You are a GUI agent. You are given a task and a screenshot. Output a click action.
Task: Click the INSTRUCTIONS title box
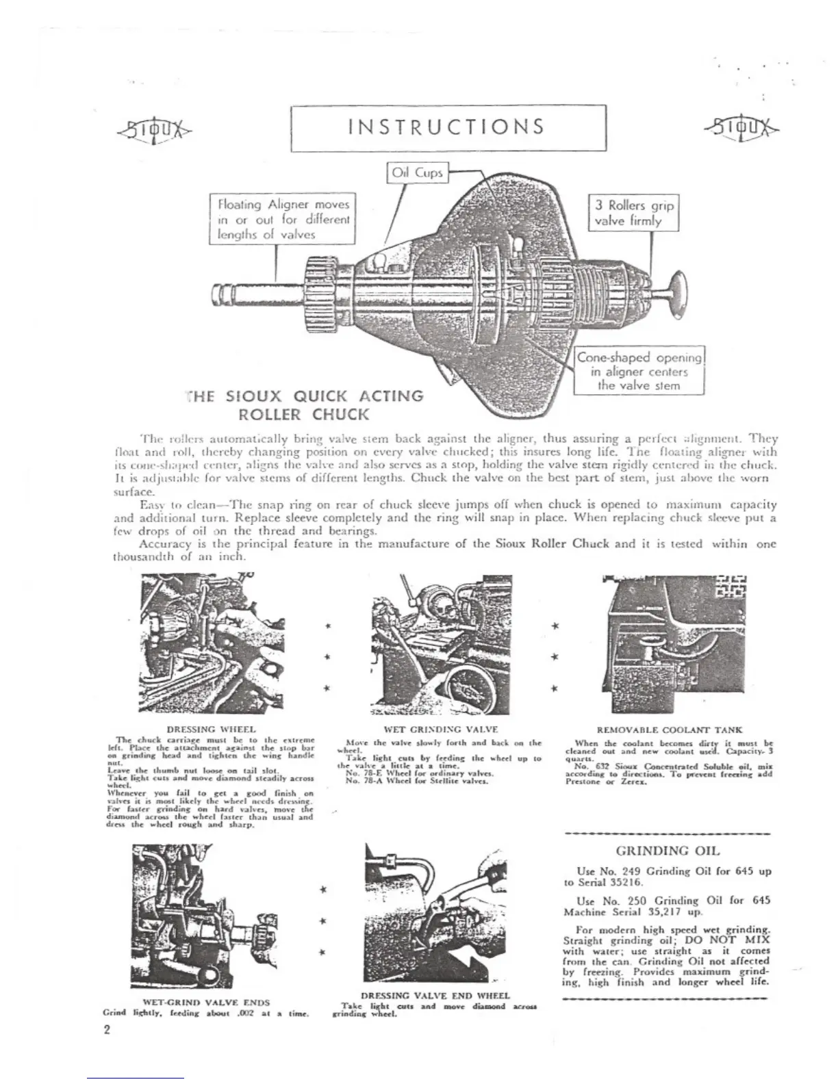(x=448, y=127)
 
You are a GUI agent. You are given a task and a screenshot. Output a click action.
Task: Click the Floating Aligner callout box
(x=283, y=219)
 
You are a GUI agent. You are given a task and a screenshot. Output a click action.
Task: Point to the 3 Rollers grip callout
(x=633, y=213)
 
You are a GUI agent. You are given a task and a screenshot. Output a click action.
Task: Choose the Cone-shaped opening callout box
(x=639, y=371)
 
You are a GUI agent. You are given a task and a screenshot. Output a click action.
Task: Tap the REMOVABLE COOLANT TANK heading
(x=670, y=730)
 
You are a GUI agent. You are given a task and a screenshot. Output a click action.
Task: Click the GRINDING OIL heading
(x=668, y=851)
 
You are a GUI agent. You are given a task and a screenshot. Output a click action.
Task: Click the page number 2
(x=107, y=1031)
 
